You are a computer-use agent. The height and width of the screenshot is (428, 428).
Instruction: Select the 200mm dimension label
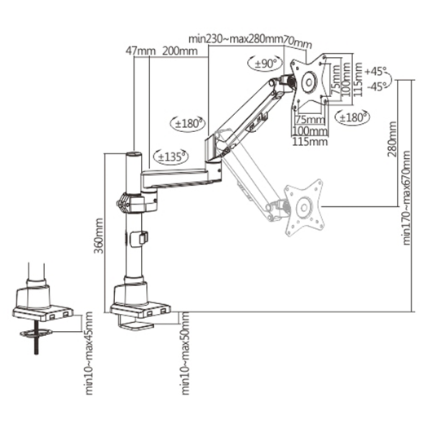179,51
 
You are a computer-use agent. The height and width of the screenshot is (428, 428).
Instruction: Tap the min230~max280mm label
236,38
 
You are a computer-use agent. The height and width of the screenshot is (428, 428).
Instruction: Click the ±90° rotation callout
266,63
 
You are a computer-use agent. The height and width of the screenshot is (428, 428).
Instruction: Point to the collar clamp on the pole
130,200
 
